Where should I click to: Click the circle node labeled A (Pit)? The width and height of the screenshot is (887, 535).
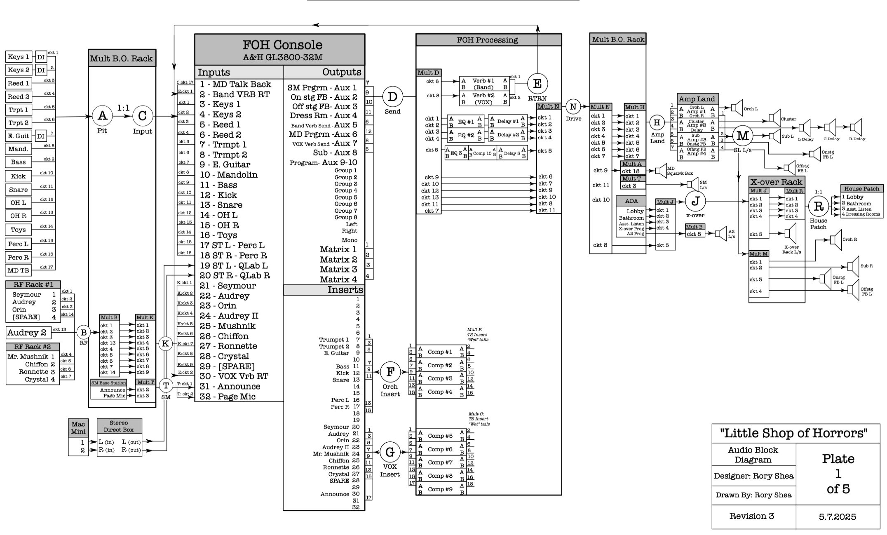pyautogui.click(x=102, y=116)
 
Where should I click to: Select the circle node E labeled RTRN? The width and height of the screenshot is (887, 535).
pyautogui.click(x=537, y=84)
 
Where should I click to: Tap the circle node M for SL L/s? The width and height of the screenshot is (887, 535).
pyautogui.click(x=742, y=136)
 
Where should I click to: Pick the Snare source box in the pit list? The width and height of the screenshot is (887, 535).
pyautogui.click(x=19, y=190)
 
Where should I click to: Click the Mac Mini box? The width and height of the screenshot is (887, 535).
pyautogui.click(x=78, y=428)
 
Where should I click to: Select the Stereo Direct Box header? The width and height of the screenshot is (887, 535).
pyautogui.click(x=119, y=426)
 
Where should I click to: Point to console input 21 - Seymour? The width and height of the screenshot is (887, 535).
pyautogui.click(x=228, y=286)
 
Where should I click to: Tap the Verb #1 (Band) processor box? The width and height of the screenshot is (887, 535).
pyautogui.click(x=484, y=84)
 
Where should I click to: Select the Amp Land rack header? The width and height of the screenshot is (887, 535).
pyautogui.click(x=697, y=99)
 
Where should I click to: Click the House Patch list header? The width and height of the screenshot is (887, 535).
pyautogui.click(x=861, y=189)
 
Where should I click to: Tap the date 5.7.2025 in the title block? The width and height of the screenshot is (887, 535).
pyautogui.click(x=838, y=517)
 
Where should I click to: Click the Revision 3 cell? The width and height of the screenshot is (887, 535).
pyautogui.click(x=751, y=516)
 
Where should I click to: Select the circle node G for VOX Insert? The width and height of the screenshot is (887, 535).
pyautogui.click(x=390, y=452)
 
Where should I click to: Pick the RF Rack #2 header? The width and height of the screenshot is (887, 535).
pyautogui.click(x=33, y=347)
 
